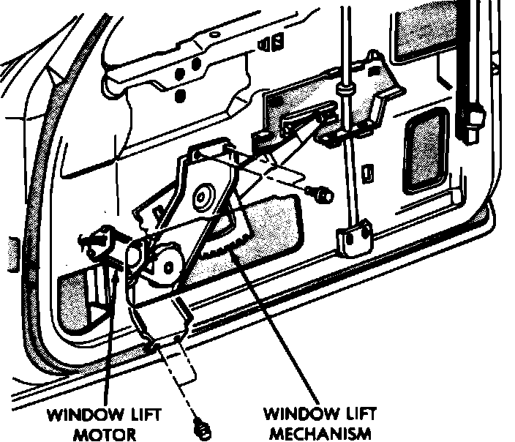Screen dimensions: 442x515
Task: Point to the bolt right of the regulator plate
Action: point(320,194)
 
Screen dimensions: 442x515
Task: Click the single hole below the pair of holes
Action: point(181,97)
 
